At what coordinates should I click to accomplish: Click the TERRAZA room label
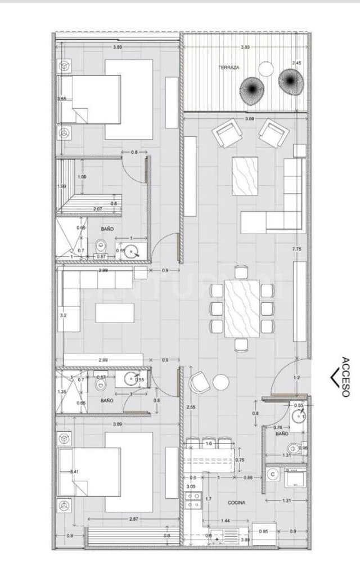pos(229,68)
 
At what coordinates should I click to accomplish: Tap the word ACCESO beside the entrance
pos(345,377)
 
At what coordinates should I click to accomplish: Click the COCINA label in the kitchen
pos(236,502)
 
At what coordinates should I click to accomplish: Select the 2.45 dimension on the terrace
pos(296,63)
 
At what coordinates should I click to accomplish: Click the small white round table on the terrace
pos(266,69)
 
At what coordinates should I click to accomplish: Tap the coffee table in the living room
pos(245,176)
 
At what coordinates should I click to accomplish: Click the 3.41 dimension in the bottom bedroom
pos(74,471)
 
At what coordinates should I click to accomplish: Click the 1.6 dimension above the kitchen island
pos(209,444)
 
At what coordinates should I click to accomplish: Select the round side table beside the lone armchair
pos(221,382)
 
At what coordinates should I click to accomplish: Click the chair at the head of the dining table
pos(241,272)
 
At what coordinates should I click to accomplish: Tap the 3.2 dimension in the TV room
pos(62,316)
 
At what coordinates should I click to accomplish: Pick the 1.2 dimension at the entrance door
pos(296,378)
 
